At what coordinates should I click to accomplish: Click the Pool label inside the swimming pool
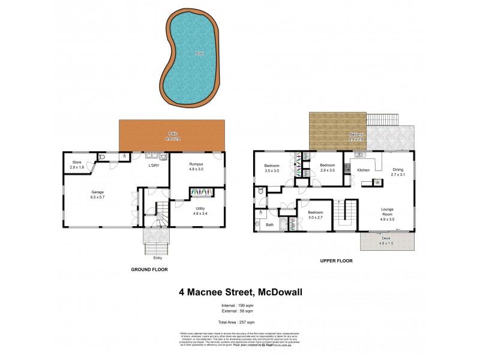coord(199,53)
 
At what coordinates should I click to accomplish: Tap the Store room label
coord(77,164)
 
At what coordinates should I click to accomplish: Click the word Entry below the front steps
coord(158,257)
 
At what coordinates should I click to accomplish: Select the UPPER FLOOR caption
coord(336,261)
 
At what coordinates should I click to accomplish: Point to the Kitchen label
coord(364,170)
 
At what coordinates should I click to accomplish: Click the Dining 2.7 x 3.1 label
coord(398,172)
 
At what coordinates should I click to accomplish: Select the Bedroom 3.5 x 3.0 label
coord(272,168)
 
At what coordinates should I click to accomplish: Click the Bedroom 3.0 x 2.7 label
coord(316,215)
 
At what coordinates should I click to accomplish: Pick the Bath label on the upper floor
coord(270,225)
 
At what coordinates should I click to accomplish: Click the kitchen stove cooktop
coord(347,167)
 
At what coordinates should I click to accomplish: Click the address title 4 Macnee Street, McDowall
coord(240,293)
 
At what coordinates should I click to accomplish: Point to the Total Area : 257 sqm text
coord(240,322)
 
